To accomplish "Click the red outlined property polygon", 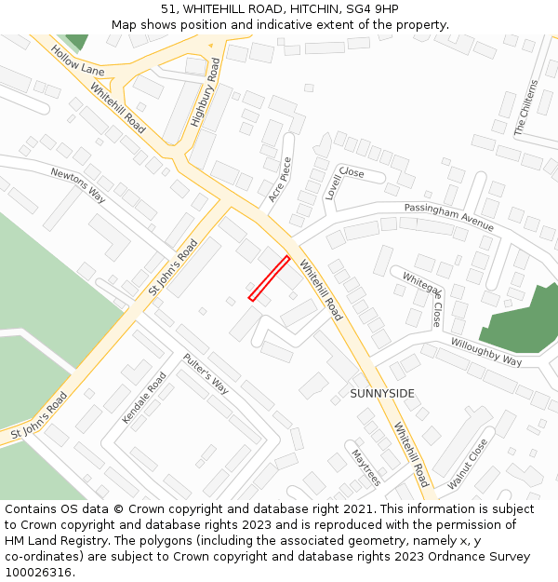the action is pos(269,278).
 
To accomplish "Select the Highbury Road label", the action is pos(206,92).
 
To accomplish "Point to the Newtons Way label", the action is pos(78,185).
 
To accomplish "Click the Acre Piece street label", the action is pos(280,180).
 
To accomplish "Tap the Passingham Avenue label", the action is pos(448,217).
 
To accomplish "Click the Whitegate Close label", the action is pos(422,297).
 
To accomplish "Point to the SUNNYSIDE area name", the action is pos(382,394).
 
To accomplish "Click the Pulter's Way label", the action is pos(206,373).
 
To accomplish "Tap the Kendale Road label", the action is pos(144,398).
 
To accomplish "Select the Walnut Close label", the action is pos(467,464).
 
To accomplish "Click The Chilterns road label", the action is pos(526,108).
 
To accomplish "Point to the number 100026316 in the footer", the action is pos(40,572).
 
